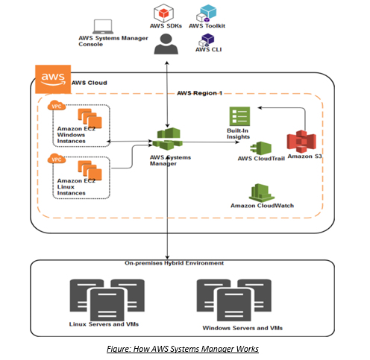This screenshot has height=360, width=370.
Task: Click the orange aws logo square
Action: click(53, 79)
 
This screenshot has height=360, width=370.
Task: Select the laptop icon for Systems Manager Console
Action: click(103, 27)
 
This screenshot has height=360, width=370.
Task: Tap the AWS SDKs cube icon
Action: click(163, 13)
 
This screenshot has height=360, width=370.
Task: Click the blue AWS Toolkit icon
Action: click(207, 13)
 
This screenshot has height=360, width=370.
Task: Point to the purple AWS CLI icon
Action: click(207, 40)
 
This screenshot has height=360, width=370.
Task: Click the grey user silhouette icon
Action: click(166, 44)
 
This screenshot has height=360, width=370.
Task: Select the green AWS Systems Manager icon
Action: click(167, 139)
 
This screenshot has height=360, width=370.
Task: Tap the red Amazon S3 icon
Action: click(301, 142)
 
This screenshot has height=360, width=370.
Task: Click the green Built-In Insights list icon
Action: click(239, 116)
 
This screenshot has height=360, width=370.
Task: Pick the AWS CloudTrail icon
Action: click(261, 148)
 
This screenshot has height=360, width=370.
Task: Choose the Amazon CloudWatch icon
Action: click(262, 193)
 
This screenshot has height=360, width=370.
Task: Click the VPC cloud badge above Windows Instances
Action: click(57, 105)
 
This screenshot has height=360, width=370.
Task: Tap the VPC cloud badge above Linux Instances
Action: click(57, 158)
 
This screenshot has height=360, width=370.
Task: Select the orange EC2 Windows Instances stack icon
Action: click(90, 119)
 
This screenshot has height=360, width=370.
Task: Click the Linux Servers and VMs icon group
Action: click(107, 300)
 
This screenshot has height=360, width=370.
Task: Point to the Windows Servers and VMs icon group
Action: click(234, 300)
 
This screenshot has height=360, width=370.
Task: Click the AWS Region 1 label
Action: click(199, 93)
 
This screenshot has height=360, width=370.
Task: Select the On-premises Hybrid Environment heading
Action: click(174, 263)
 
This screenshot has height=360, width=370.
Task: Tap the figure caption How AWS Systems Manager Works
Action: click(183, 349)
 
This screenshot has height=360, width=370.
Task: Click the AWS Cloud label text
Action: click(90, 83)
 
